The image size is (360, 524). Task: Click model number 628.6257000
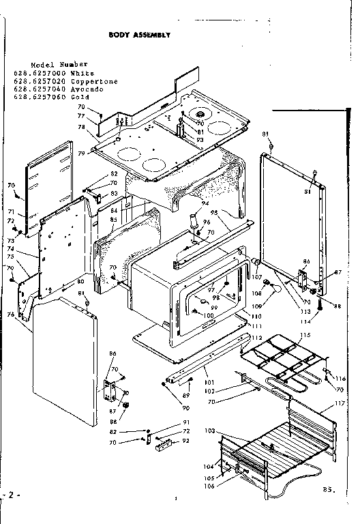click(47, 73)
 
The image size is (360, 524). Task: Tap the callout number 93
click(200, 141)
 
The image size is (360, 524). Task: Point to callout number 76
click(10, 314)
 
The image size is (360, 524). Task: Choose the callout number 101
click(208, 381)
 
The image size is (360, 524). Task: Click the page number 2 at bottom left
click(8, 493)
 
